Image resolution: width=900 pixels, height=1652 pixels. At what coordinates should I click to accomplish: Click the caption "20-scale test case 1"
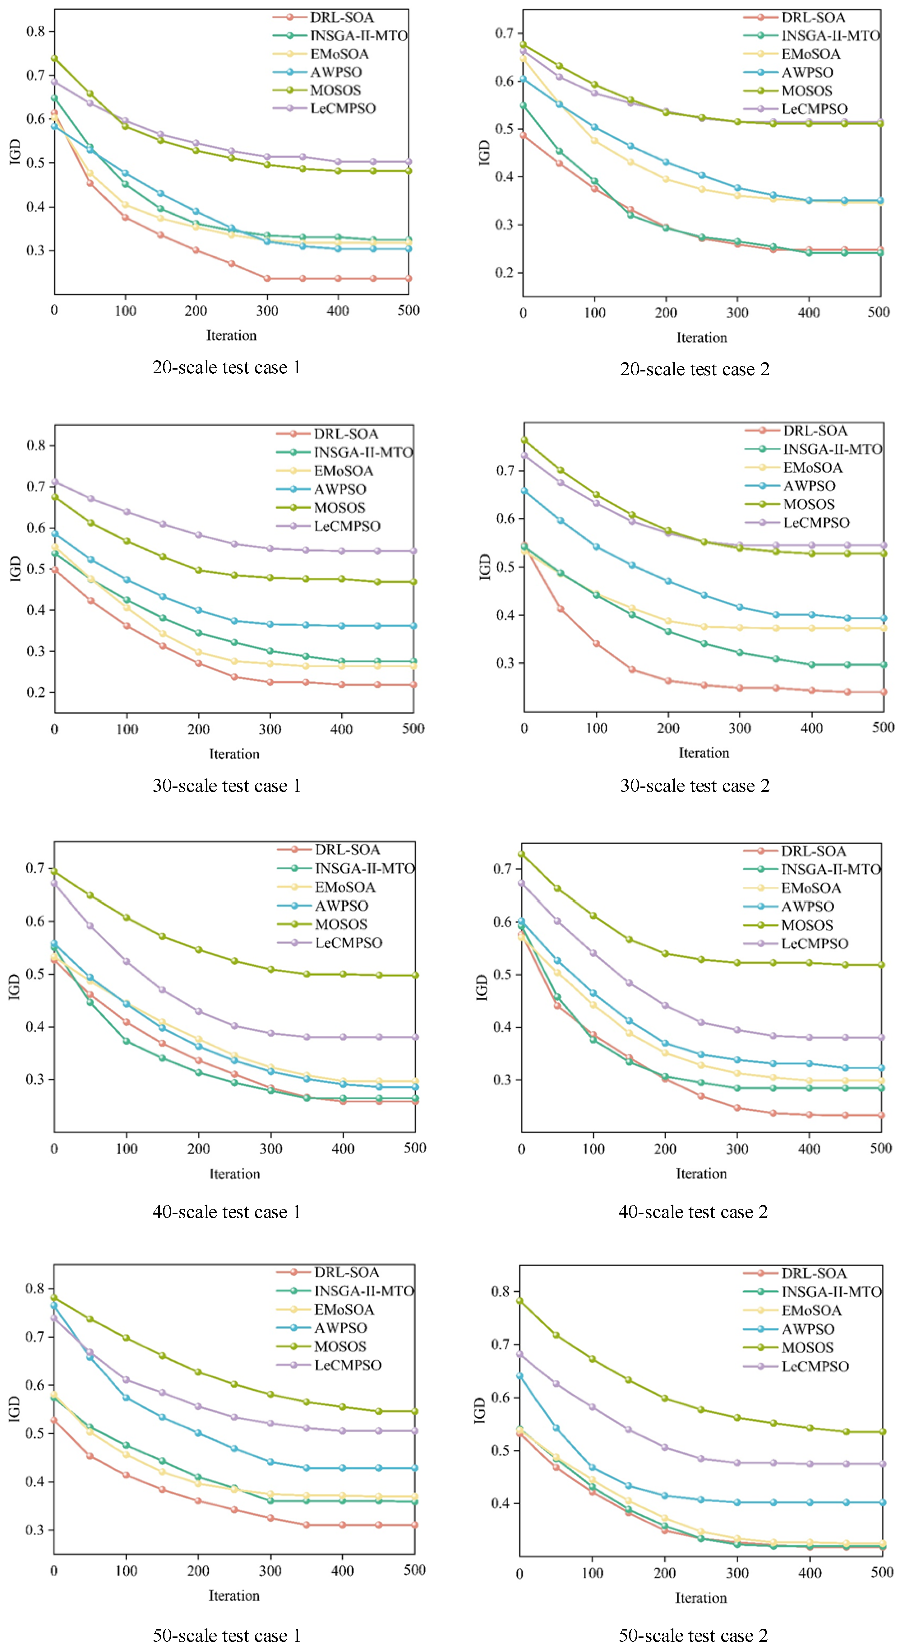(x=226, y=367)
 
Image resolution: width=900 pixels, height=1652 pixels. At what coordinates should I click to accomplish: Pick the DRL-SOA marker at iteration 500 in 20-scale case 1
(x=408, y=279)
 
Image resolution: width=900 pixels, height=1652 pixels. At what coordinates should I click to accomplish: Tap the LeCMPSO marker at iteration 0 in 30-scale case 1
(x=55, y=482)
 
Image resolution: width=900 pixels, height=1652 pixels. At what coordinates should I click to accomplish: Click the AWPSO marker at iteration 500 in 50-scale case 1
(x=415, y=1468)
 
